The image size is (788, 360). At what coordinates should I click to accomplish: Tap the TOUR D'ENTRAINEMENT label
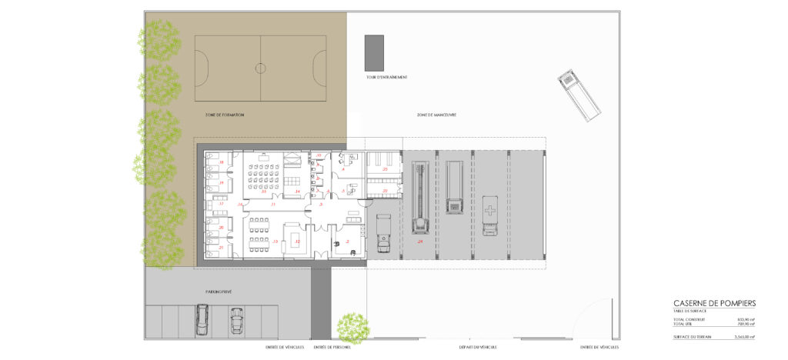coord(386,78)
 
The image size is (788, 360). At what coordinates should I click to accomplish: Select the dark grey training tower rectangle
coord(374,53)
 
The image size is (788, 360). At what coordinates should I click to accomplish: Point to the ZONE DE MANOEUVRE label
coord(436,115)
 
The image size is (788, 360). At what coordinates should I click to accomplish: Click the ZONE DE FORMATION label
coord(225,115)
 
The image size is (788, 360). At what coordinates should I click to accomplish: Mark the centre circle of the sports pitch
coord(260,68)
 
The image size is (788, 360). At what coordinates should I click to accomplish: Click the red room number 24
coord(420,242)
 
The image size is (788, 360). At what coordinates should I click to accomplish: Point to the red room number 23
coord(385,168)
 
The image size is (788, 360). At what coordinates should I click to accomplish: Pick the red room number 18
coord(222,162)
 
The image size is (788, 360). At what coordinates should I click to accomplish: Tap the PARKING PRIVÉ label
coord(219,292)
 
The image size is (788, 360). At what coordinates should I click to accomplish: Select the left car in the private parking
coord(202,319)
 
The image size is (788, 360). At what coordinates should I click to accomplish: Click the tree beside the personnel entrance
coord(354,327)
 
